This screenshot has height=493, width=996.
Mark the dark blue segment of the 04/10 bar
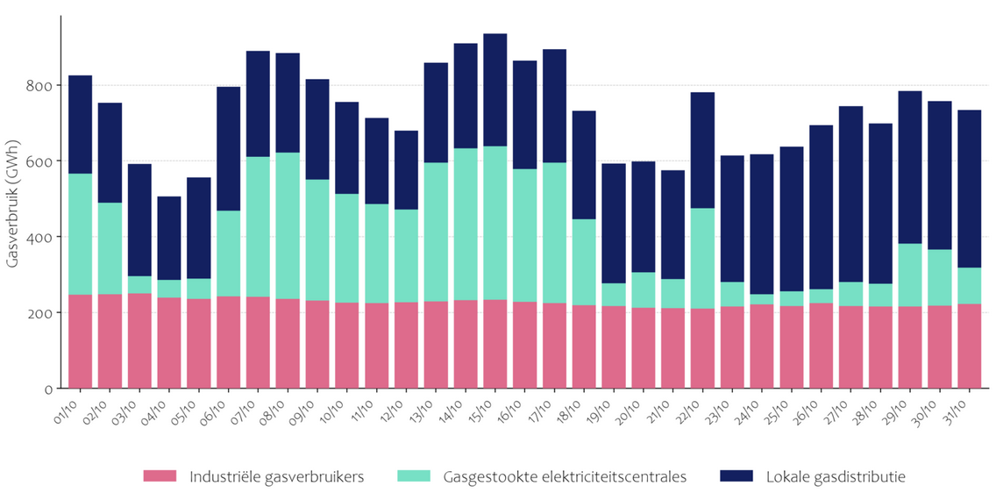[x=168, y=238]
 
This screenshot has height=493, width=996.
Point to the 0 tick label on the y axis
[x=48, y=389]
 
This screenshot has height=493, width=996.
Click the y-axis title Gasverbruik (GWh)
[x=13, y=203]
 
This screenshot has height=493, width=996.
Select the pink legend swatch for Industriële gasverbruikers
[x=160, y=476]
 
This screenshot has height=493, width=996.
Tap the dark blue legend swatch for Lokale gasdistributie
[x=736, y=476]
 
